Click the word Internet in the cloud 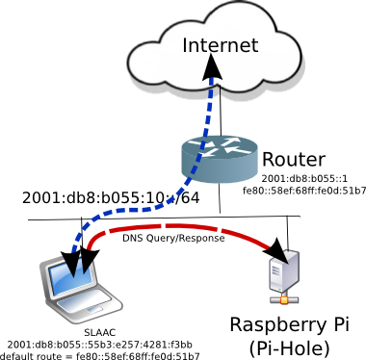[221, 45]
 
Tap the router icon [220, 159]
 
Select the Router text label [294, 160]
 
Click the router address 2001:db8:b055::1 [304, 179]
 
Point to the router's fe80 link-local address [304, 191]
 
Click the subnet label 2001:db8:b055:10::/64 [111, 198]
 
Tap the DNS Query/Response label [173, 239]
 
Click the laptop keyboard [83, 306]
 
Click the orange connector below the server [284, 300]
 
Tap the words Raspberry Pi [289, 325]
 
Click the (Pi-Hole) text [289, 348]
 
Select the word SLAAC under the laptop [99, 333]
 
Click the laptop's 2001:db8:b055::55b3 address [99, 345]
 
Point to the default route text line [99, 356]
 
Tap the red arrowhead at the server [275, 251]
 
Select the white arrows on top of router [220, 146]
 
